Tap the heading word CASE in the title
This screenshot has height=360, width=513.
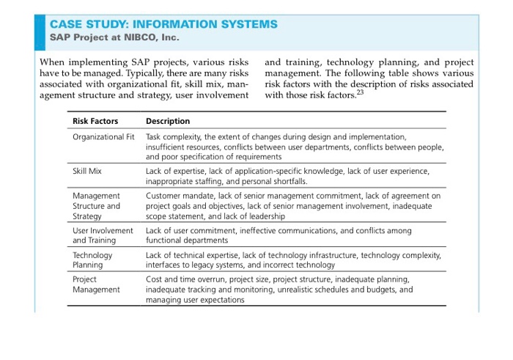(x=68, y=23)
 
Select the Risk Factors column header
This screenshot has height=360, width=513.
(x=95, y=121)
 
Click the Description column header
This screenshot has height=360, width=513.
(x=168, y=121)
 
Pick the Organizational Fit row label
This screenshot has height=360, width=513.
(x=103, y=137)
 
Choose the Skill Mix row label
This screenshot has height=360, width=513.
(x=87, y=171)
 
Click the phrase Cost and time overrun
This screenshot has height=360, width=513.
(x=188, y=279)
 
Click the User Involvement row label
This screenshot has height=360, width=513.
(x=103, y=230)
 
